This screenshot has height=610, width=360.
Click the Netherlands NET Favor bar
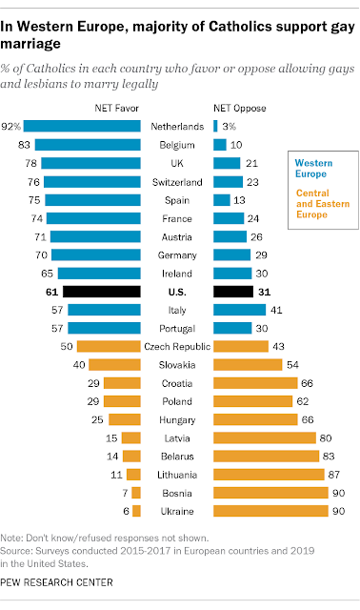(x=82, y=126)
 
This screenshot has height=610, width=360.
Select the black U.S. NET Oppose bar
(x=233, y=292)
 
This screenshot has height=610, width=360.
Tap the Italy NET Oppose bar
(x=239, y=310)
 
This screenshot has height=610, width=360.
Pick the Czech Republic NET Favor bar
(x=109, y=347)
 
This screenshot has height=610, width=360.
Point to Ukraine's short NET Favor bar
(x=136, y=511)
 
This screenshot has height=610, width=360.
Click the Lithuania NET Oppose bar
(x=269, y=475)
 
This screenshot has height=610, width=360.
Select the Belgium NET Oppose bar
(x=220, y=145)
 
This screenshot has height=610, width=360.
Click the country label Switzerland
(x=177, y=182)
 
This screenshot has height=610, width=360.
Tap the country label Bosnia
(x=177, y=494)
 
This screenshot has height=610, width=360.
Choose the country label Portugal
(x=177, y=329)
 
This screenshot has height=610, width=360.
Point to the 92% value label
(x=10, y=127)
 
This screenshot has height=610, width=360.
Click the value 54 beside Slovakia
(x=292, y=365)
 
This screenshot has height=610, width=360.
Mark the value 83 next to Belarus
(x=329, y=457)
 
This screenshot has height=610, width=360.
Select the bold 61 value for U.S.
(x=51, y=292)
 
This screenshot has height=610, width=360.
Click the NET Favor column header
(x=116, y=108)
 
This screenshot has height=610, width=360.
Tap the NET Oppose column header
(x=240, y=108)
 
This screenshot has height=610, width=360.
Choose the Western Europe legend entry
(x=313, y=169)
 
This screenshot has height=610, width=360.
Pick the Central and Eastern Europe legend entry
(x=323, y=204)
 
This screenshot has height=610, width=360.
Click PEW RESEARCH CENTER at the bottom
(x=57, y=582)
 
